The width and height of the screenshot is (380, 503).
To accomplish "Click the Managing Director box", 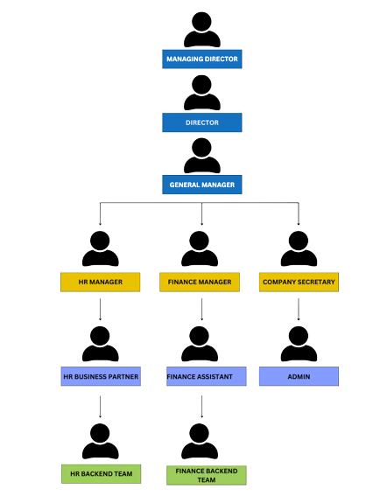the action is click(201, 59).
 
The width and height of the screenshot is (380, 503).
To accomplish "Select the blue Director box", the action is click(201, 122).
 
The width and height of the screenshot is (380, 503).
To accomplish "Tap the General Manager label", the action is click(201, 185).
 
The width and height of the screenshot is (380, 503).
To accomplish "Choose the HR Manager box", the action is click(100, 282).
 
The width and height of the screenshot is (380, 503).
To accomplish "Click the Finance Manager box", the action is click(200, 282).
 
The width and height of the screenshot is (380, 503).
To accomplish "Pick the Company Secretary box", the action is click(299, 282).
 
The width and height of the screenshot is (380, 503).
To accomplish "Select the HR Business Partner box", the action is click(101, 376).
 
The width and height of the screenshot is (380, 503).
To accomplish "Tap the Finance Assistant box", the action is click(207, 376).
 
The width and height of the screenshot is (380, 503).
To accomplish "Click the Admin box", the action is click(299, 376).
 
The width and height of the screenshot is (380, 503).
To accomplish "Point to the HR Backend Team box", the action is click(102, 474).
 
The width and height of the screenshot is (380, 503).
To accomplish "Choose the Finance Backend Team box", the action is click(207, 475).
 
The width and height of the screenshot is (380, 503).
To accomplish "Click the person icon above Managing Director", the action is click(201, 30).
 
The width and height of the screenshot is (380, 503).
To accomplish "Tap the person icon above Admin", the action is click(299, 344).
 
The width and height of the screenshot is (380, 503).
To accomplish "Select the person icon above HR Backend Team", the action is click(100, 441).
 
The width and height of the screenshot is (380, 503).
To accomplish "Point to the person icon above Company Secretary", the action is click(299, 248).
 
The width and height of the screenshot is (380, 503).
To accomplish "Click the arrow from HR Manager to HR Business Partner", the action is click(100, 310).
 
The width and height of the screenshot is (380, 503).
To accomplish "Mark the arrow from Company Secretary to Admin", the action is click(299, 310).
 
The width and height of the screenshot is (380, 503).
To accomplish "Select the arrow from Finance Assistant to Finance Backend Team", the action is click(201, 407).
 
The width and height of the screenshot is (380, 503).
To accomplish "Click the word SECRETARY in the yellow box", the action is click(316, 282).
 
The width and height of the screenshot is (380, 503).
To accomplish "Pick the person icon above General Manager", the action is click(201, 156).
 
